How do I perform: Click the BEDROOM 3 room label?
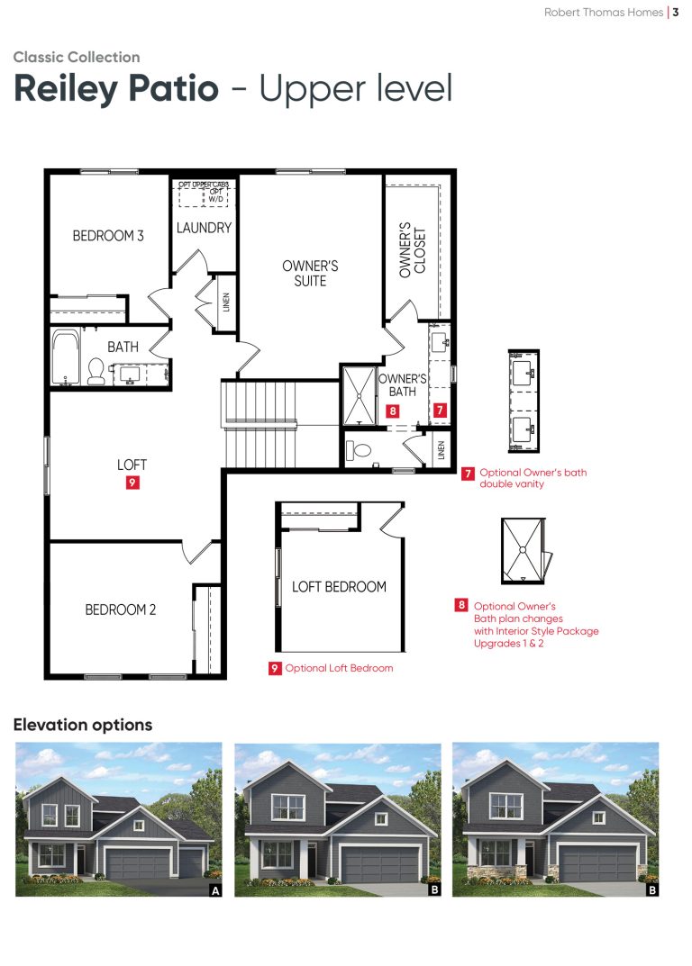[108, 235]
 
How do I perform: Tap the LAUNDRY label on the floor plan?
[204, 228]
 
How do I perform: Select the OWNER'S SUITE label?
[310, 274]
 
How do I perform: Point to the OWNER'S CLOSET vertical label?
[413, 250]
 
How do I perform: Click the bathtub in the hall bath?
[66, 357]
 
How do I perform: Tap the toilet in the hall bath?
[96, 371]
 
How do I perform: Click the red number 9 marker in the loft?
[132, 483]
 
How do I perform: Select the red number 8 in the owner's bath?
[393, 411]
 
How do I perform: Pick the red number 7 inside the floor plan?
[440, 410]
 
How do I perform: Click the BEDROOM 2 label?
[120, 609]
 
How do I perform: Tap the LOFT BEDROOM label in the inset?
[339, 586]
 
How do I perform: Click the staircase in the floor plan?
[259, 424]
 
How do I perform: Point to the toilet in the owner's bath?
[359, 450]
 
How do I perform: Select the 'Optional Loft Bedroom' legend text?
[339, 668]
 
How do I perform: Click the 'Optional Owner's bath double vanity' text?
[533, 478]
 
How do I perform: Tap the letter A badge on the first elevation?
[215, 890]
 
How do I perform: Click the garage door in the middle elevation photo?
[379, 864]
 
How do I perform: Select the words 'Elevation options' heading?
[83, 725]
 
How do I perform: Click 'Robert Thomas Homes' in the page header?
[603, 13]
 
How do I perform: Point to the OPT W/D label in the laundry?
[216, 195]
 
